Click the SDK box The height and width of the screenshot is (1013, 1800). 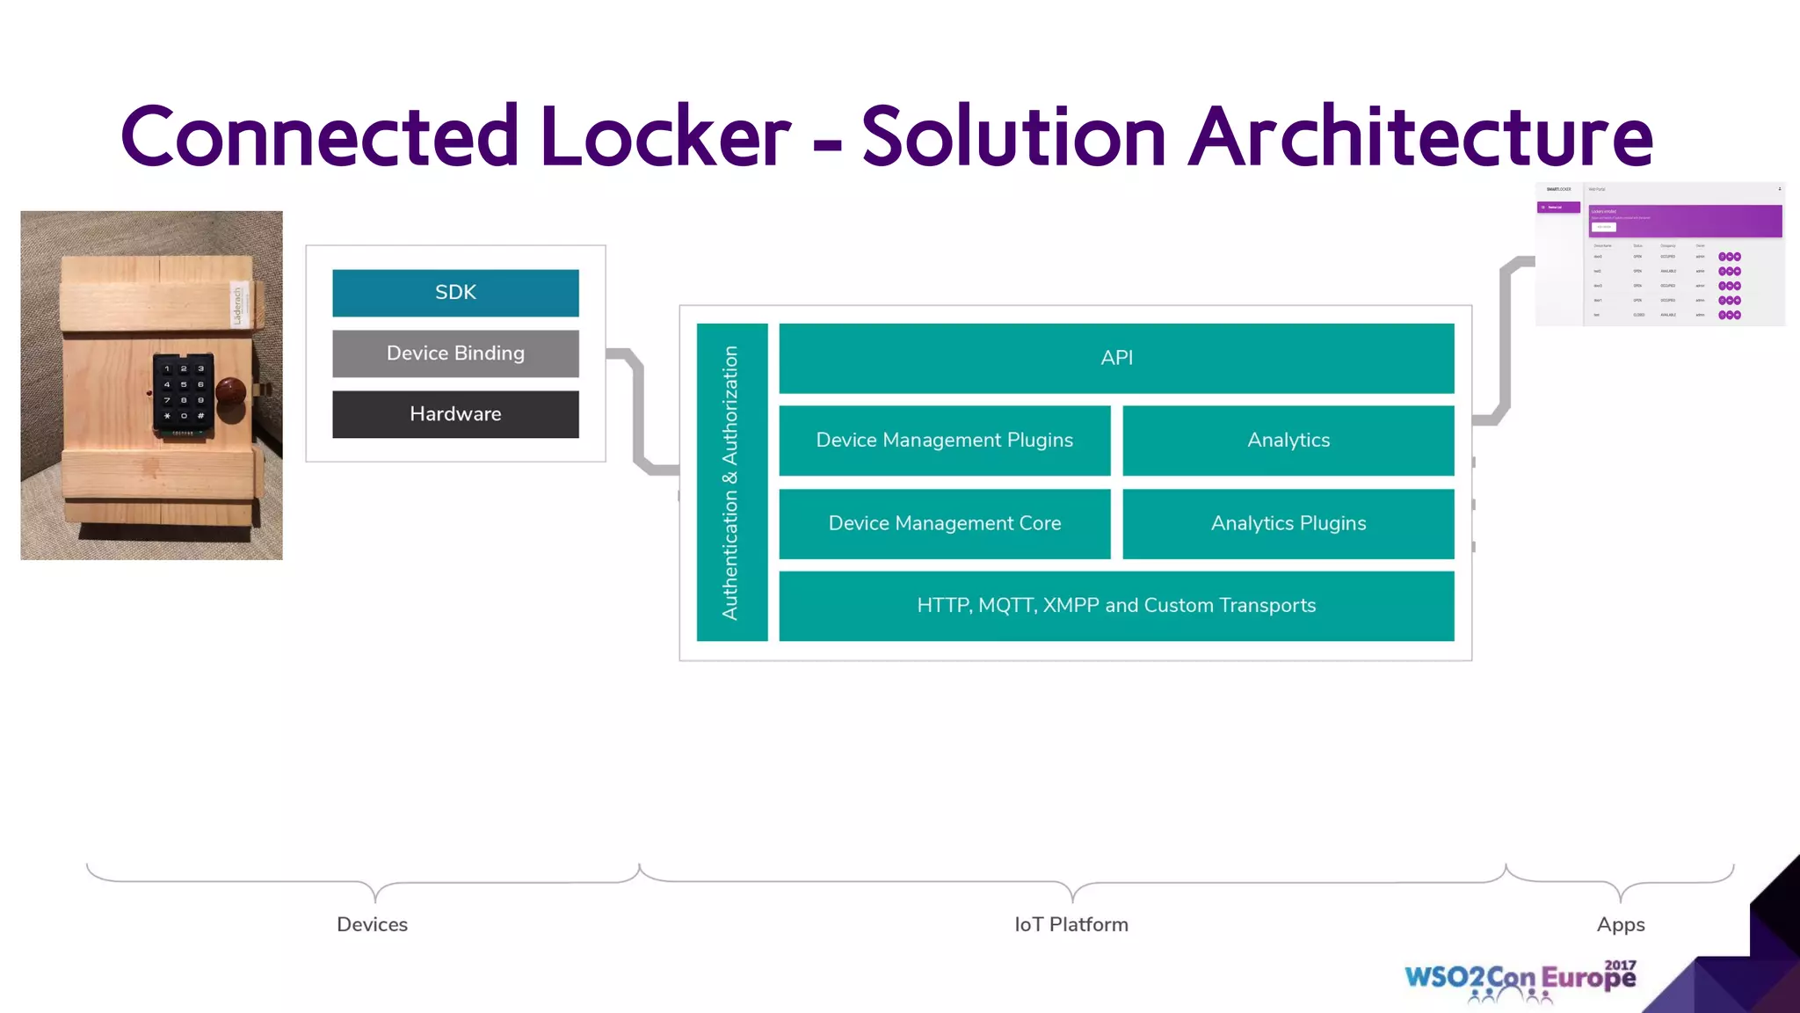pyautogui.click(x=455, y=293)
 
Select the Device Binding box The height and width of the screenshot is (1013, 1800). pyautogui.click(x=455, y=353)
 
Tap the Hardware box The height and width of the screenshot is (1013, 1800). pyautogui.click(x=455, y=414)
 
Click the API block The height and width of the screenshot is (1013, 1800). pyautogui.click(x=1116, y=358)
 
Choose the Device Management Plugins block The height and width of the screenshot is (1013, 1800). pyautogui.click(x=945, y=441)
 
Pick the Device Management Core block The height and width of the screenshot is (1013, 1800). pyautogui.click(x=945, y=524)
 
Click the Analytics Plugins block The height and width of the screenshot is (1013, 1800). pyautogui.click(x=1288, y=524)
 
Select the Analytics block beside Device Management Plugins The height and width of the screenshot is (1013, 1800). pyautogui.click(x=1288, y=441)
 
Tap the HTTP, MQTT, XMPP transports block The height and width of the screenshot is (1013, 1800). pyautogui.click(x=1116, y=606)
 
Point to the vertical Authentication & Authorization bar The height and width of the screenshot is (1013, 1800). pyautogui.click(x=731, y=482)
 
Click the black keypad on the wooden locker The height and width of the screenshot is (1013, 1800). pyautogui.click(x=183, y=393)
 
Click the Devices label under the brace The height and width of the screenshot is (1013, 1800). pyautogui.click(x=372, y=924)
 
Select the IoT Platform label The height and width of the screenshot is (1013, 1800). pyautogui.click(x=1071, y=924)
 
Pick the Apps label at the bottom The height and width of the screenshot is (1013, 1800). pyautogui.click(x=1621, y=924)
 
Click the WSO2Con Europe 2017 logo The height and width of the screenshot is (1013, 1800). pyautogui.click(x=1521, y=979)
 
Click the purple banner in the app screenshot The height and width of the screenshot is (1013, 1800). pyautogui.click(x=1686, y=221)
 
